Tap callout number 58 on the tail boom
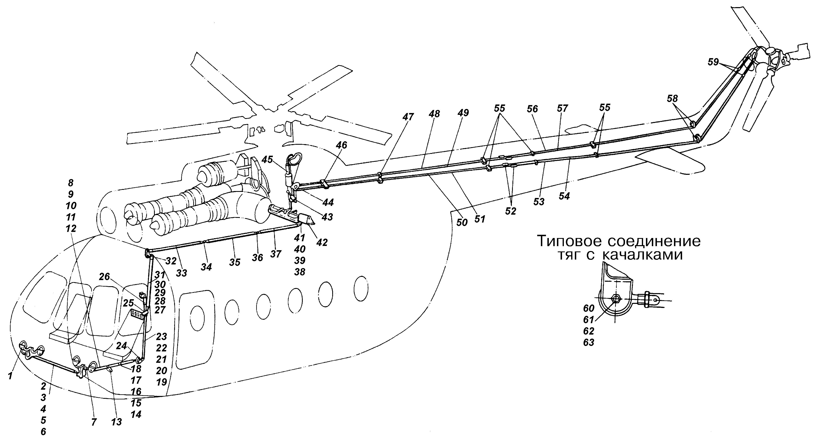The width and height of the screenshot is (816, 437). tap(672, 99)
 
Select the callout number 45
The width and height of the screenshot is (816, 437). tap(267, 160)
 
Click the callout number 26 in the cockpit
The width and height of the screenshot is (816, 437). tap(104, 277)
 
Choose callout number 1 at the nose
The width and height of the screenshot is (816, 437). tap(10, 376)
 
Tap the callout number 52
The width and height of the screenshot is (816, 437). tap(510, 211)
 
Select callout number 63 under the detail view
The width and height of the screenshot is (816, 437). tap(589, 342)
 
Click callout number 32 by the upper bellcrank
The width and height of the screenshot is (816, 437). tap(171, 261)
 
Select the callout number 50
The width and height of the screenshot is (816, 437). tap(462, 222)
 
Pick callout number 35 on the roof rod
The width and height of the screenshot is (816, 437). tap(235, 262)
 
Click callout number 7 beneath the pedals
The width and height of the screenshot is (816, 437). tap(94, 422)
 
